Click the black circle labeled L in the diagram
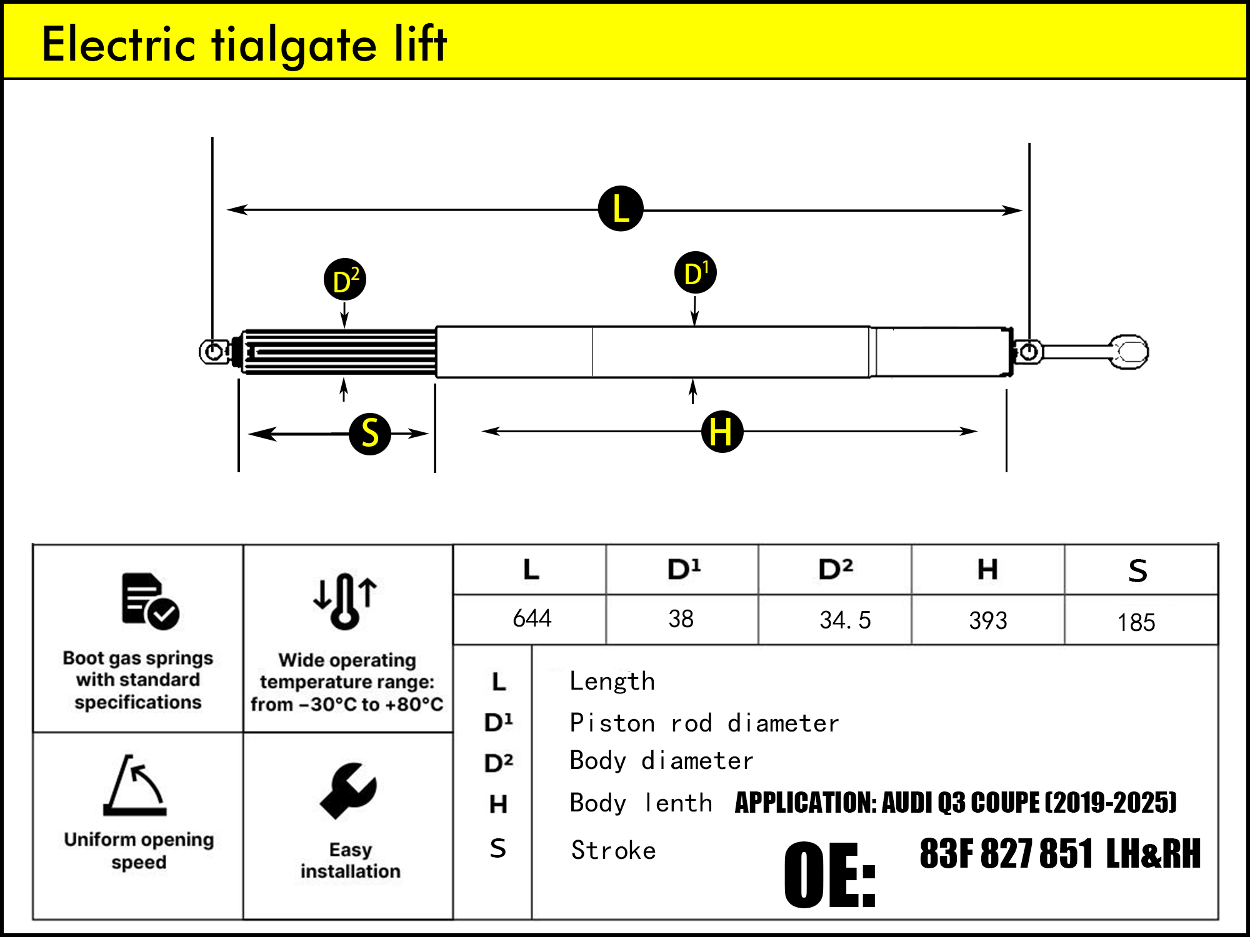pyautogui.click(x=621, y=209)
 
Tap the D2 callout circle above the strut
pyautogui.click(x=344, y=279)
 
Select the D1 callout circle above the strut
pyautogui.click(x=696, y=273)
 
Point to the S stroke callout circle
pyautogui.click(x=370, y=433)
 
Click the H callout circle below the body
pyautogui.click(x=722, y=432)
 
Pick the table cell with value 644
pyautogui.click(x=532, y=619)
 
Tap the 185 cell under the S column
pyautogui.click(x=1136, y=622)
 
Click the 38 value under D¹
pyautogui.click(x=681, y=619)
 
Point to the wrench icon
pyautogui.click(x=348, y=791)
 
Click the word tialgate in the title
pyautogui.click(x=294, y=45)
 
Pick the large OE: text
pyautogui.click(x=829, y=875)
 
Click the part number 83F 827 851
pyautogui.click(x=1006, y=853)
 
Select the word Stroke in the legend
pyautogui.click(x=613, y=851)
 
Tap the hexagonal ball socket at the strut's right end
pyautogui.click(x=1129, y=352)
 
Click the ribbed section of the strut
pyautogui.click(x=341, y=352)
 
